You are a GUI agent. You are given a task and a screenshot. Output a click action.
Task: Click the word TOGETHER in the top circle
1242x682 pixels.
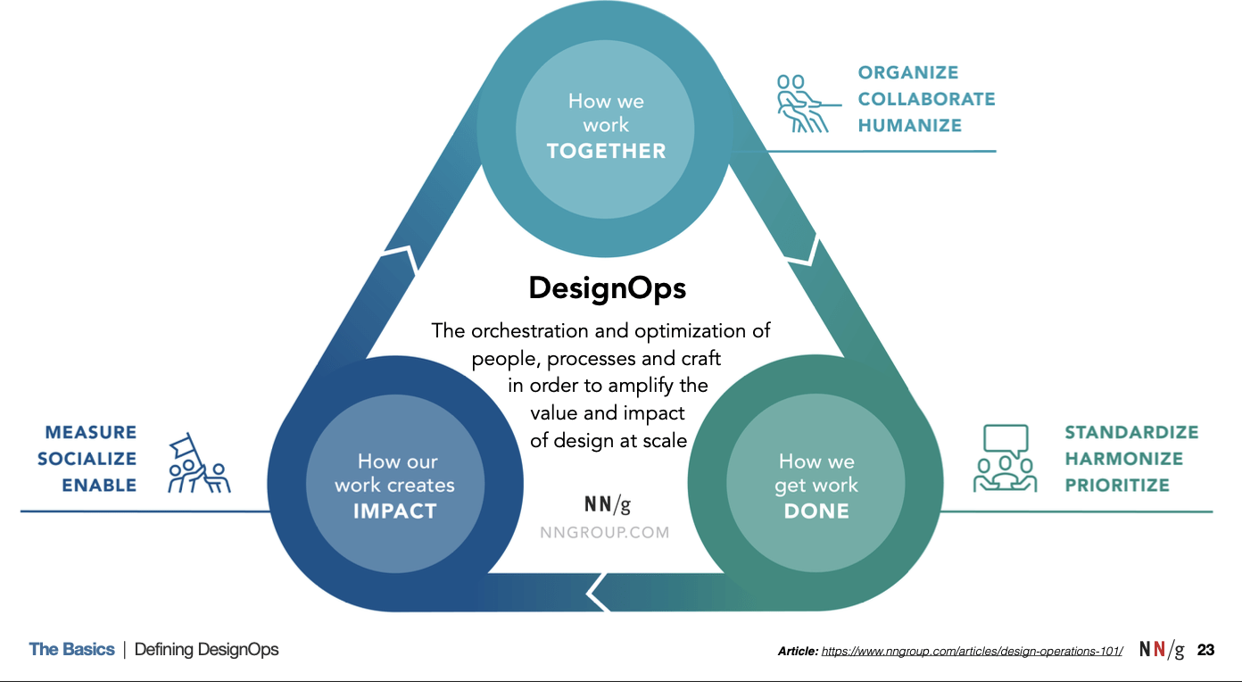(x=607, y=151)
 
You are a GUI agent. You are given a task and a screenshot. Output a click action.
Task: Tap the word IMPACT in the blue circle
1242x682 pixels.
(x=394, y=511)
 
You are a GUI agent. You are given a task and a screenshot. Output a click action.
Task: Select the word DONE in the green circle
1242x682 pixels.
(x=816, y=511)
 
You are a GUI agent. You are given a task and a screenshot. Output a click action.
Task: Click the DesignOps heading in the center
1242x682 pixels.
(x=608, y=288)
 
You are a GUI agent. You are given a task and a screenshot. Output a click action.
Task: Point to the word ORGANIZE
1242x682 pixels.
(x=908, y=73)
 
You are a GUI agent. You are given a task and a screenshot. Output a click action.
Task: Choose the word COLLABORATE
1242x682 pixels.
(x=926, y=99)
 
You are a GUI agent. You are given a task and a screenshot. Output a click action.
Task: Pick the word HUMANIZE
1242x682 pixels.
(x=910, y=126)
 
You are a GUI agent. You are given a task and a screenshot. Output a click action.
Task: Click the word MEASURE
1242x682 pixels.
(x=91, y=433)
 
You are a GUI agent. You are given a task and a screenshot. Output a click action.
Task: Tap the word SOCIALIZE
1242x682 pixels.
(x=87, y=459)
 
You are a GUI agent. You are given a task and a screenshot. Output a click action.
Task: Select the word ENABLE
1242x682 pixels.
(x=99, y=486)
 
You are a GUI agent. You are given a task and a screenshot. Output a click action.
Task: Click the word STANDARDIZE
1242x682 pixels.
(x=1131, y=433)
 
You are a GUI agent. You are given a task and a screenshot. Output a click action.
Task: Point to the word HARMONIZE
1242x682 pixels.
(x=1123, y=459)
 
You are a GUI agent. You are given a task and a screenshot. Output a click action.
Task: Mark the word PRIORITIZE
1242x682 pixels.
(x=1117, y=486)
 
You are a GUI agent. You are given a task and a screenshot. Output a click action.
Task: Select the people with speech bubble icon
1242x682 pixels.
(x=1005, y=459)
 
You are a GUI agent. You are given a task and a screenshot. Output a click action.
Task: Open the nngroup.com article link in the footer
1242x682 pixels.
(x=972, y=652)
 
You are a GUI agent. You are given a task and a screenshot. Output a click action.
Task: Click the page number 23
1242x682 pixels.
(x=1205, y=650)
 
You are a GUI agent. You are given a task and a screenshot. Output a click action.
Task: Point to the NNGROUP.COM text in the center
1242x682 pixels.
(x=604, y=532)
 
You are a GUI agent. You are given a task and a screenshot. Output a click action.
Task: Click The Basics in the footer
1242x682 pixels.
(x=71, y=650)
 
